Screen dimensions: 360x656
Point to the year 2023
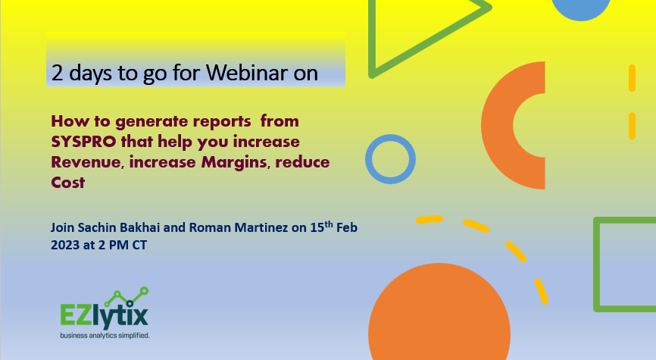click(64, 246)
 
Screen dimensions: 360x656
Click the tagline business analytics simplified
click(105, 334)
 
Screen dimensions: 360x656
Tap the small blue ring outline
click(391, 160)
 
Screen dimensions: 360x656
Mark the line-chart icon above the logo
click(126, 296)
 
